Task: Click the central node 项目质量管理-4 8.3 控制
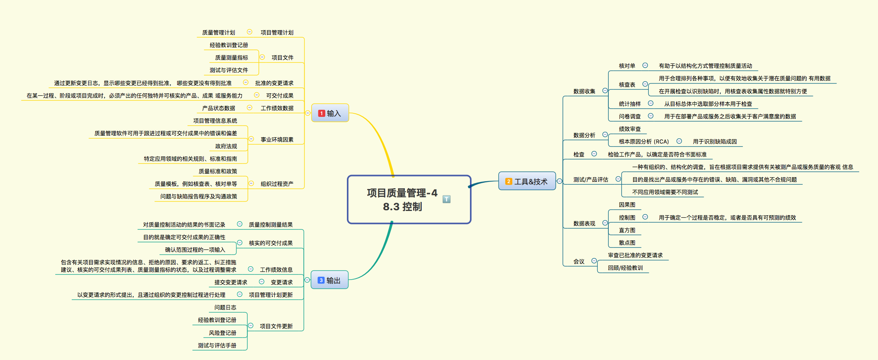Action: coord(409,199)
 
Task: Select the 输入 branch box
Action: coord(330,113)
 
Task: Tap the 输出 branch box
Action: coord(329,280)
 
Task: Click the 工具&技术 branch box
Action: coord(527,181)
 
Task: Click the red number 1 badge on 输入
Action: coord(321,113)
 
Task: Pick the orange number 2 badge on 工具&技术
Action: coord(509,182)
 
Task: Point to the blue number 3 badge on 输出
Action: coord(321,280)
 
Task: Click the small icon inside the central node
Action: coord(446,199)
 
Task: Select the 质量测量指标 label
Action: coord(231,58)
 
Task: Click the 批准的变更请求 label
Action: coord(274,83)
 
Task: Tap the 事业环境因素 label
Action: coord(277,140)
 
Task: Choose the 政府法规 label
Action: coord(226,146)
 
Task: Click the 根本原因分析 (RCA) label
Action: coord(644,142)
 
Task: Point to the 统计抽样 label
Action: coord(629,104)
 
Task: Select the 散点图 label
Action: coord(627,243)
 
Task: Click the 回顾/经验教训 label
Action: coord(625,268)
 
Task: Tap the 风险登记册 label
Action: coord(222,333)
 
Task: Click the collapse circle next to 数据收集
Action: coord(605,91)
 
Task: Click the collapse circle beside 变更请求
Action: coord(261,282)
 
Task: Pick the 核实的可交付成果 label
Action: coord(270,243)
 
